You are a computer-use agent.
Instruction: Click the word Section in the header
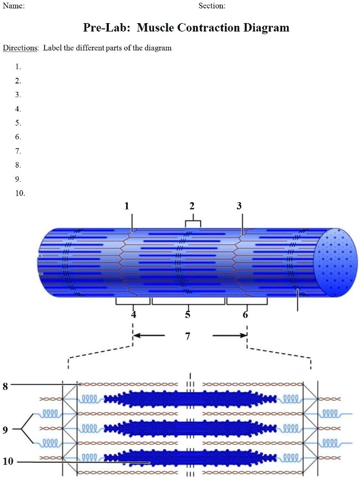click(211, 6)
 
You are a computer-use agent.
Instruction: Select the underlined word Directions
click(20, 48)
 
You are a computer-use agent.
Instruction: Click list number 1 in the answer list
click(18, 67)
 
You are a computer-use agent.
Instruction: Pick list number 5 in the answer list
click(18, 123)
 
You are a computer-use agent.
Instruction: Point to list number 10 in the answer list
click(19, 193)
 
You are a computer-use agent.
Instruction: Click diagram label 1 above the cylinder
click(127, 206)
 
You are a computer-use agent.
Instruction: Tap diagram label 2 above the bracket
click(192, 206)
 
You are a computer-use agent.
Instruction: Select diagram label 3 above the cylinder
click(239, 206)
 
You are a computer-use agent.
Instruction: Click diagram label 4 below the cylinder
click(133, 315)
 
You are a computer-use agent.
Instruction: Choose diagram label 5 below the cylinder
click(188, 315)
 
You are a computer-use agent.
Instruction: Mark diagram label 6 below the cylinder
click(245, 315)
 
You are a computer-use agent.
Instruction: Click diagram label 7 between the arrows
click(188, 336)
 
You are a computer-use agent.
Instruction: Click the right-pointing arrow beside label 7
click(230, 335)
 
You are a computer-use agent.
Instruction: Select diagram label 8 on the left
click(5, 387)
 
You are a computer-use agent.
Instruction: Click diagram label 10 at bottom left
click(7, 462)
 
